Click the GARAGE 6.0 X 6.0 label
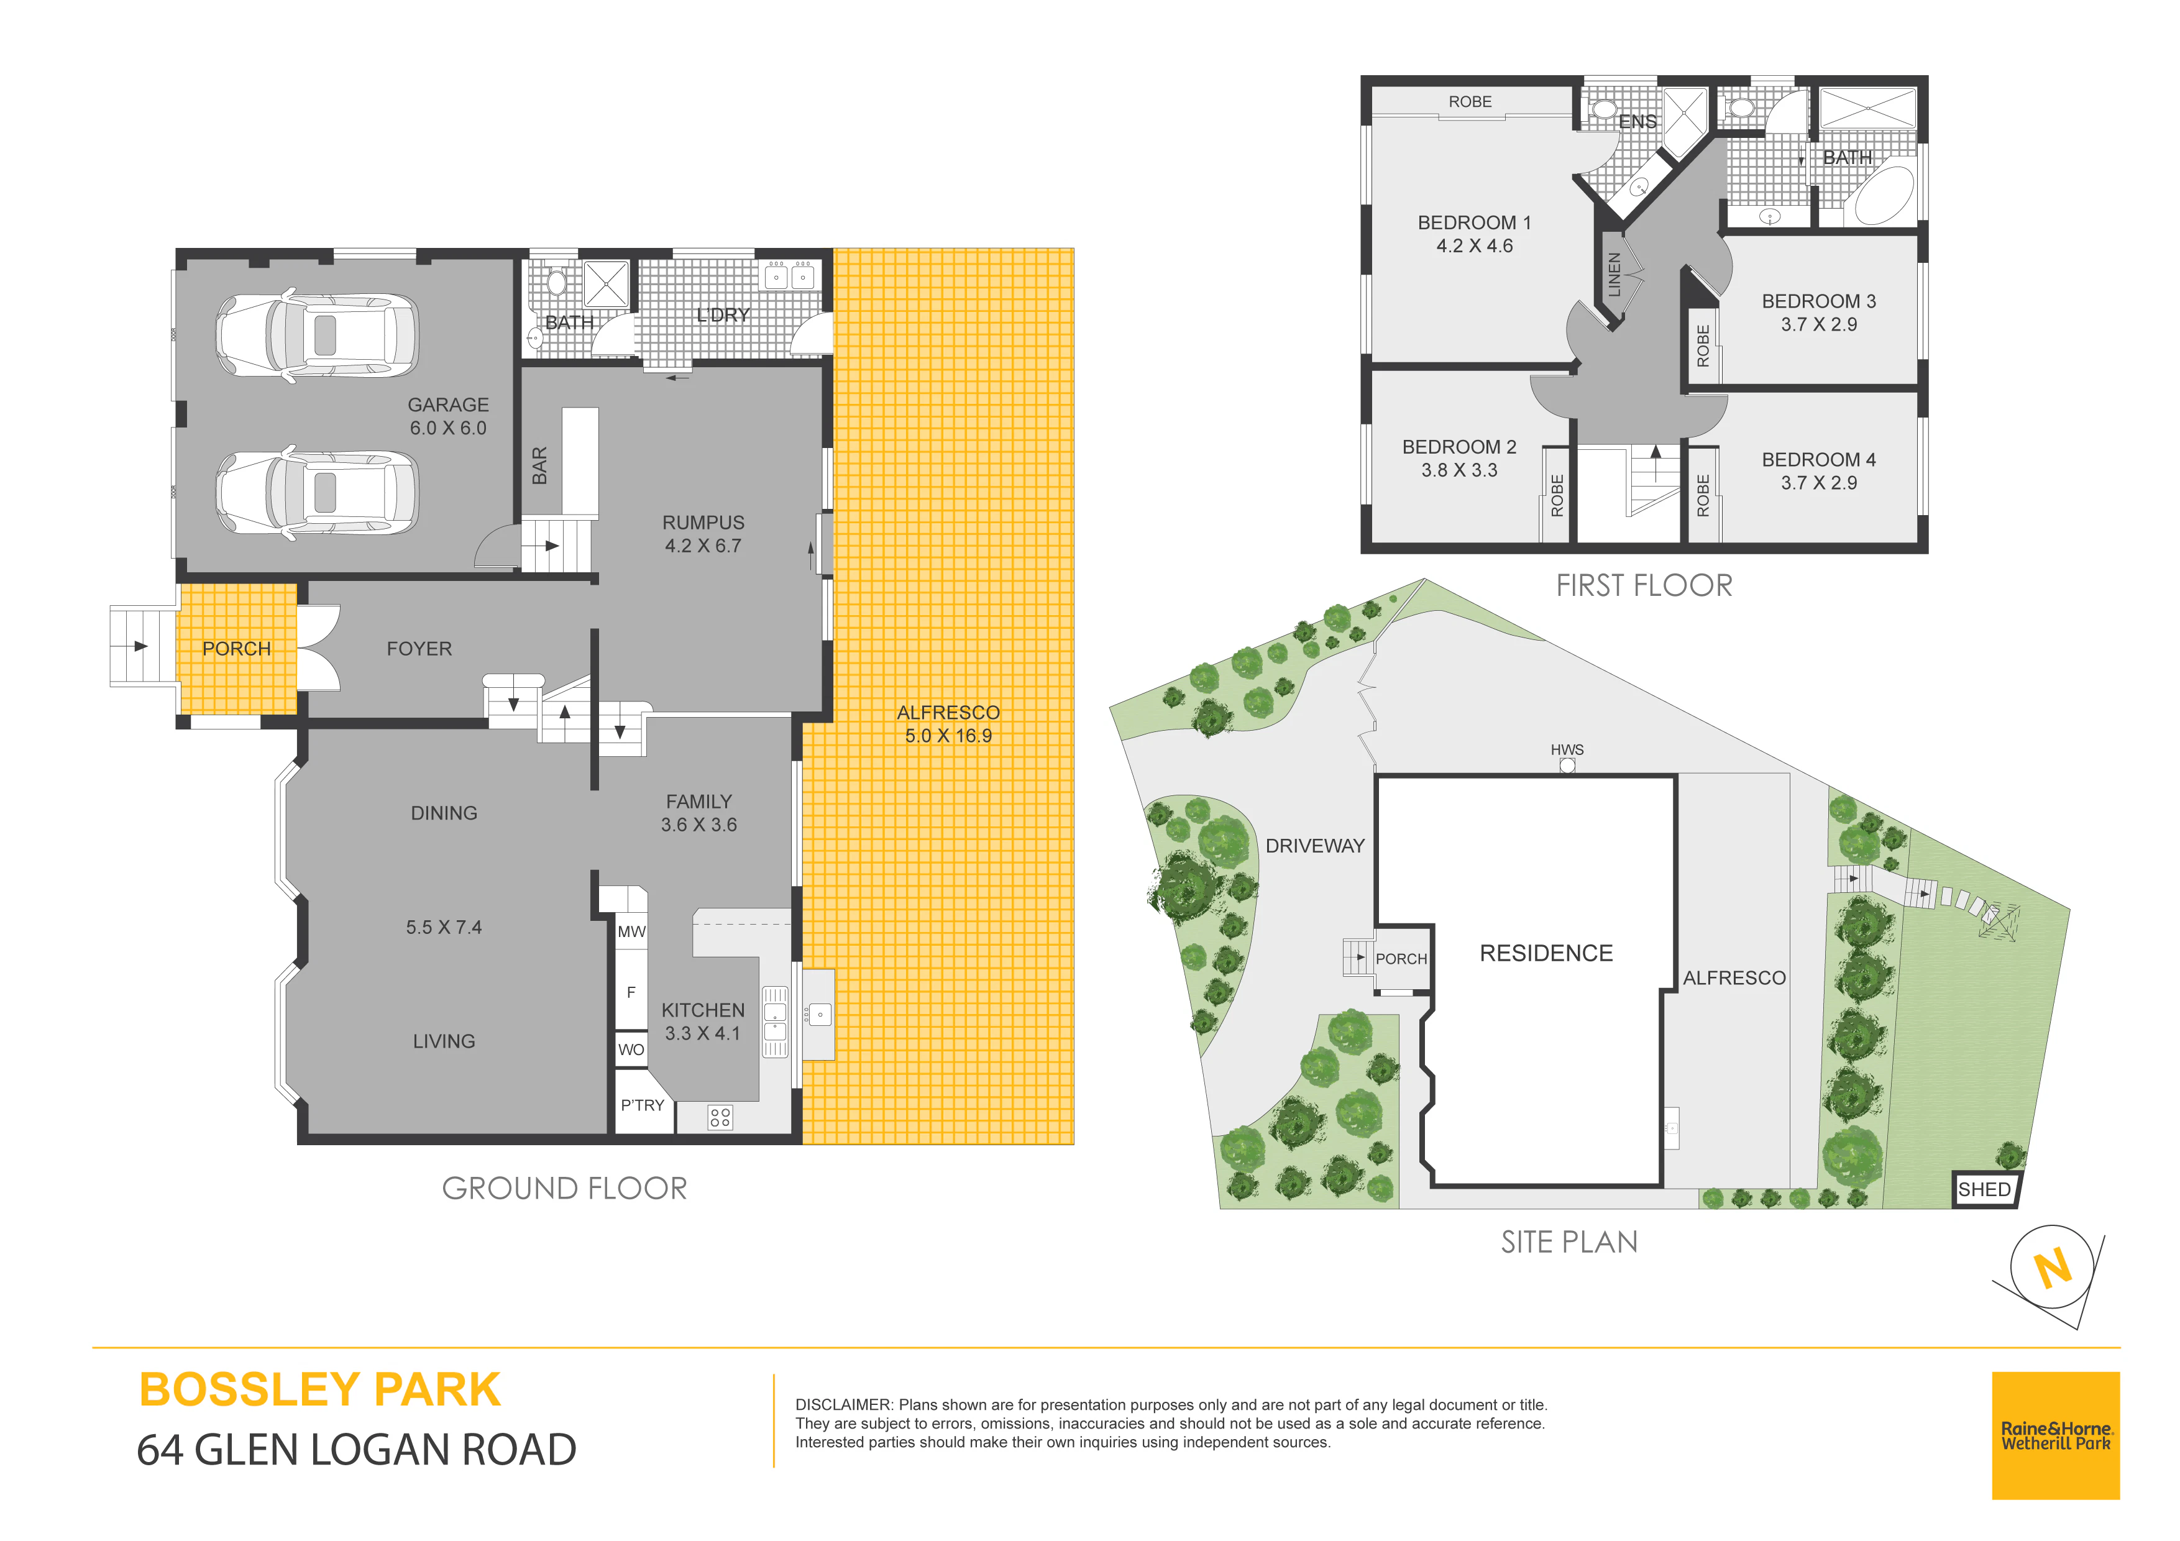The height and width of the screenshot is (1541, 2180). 448,416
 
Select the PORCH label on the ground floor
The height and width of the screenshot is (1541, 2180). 236,649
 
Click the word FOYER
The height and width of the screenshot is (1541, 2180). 419,649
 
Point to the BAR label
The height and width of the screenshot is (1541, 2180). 539,466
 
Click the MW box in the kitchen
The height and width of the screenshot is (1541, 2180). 631,931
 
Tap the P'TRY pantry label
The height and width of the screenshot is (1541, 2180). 643,1105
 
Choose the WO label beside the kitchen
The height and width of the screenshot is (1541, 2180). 631,1049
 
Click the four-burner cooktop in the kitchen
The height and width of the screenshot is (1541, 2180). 720,1117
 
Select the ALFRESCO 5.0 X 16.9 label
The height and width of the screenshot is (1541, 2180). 948,723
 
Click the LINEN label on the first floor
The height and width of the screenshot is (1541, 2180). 1614,275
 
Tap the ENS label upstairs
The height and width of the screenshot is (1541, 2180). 1637,122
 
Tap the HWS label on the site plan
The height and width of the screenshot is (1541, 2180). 1567,749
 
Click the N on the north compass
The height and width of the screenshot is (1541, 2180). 2053,1268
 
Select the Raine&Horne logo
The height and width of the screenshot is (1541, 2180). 2056,1435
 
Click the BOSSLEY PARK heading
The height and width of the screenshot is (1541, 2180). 320,1390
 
